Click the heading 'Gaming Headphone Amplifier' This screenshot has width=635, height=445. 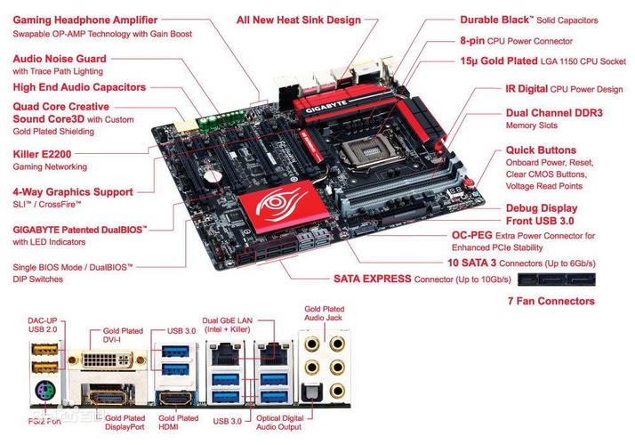point(84,20)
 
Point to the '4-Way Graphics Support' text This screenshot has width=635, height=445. point(73,191)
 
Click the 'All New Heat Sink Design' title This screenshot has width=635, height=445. point(299,20)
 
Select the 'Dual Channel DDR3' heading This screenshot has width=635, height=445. point(553,113)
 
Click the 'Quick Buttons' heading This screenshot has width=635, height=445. point(541,150)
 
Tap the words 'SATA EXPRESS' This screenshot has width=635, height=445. point(372,279)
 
